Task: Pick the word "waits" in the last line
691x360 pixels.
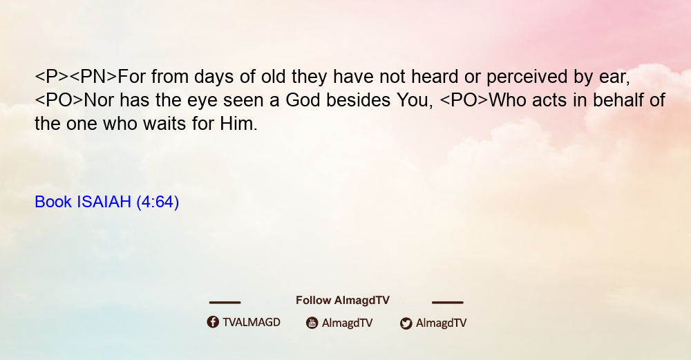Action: [x=166, y=124]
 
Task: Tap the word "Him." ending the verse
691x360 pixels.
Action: [x=239, y=124]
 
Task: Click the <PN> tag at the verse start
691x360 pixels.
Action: [x=93, y=77]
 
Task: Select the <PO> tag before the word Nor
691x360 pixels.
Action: [x=59, y=100]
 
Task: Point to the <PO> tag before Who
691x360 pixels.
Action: [x=464, y=100]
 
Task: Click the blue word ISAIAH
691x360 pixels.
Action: [x=104, y=202]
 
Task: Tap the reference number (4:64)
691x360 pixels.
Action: [x=158, y=202]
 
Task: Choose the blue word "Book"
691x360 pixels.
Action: [x=53, y=202]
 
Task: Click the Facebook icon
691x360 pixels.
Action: [x=213, y=322]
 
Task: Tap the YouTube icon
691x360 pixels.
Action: [x=312, y=323]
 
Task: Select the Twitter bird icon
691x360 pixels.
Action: [x=406, y=323]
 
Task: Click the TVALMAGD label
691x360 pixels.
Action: [x=252, y=322]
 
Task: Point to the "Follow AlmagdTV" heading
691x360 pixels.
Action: [x=343, y=301]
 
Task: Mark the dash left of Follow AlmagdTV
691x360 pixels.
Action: [x=225, y=302]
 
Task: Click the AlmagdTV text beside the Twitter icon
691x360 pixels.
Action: [x=441, y=323]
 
